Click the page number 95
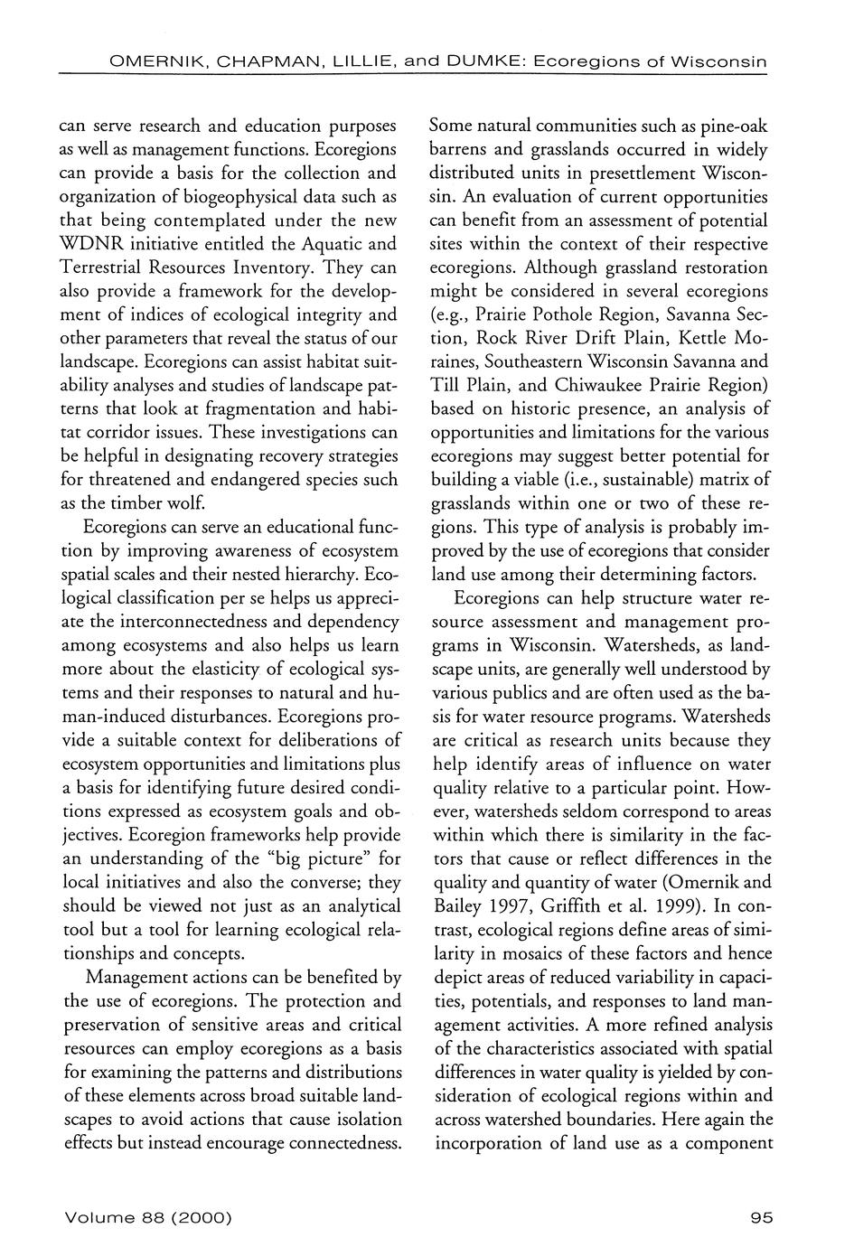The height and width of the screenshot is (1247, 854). (762, 1218)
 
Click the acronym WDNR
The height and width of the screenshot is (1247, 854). (90, 244)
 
